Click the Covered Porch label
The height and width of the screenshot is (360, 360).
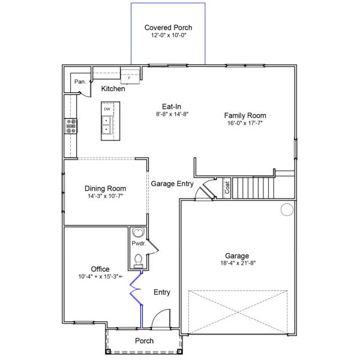(168, 28)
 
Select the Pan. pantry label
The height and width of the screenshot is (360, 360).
(79, 81)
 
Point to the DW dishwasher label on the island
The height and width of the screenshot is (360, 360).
(107, 109)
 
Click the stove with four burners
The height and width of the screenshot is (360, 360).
(71, 125)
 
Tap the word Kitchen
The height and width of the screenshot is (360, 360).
(113, 89)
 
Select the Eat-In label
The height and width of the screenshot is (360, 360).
(172, 106)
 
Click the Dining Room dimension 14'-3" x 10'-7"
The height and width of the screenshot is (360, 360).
(105, 196)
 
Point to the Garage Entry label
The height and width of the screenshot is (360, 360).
(172, 184)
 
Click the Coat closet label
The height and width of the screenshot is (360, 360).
(227, 188)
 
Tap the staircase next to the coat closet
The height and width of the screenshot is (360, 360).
(253, 187)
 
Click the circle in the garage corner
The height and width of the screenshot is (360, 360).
(287, 209)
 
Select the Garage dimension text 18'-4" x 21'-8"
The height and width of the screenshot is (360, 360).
(237, 263)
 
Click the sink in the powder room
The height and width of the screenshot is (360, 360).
(139, 234)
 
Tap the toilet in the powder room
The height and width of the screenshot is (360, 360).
(138, 260)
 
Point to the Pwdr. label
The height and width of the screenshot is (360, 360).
(138, 244)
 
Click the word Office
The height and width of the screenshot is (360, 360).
(100, 269)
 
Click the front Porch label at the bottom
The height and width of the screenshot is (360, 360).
(144, 341)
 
